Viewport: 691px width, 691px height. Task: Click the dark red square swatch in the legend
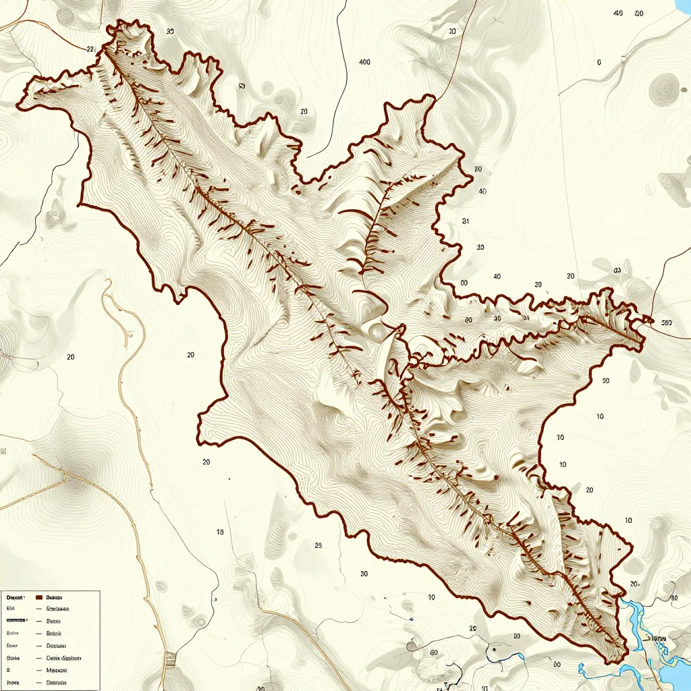click(x=38, y=597)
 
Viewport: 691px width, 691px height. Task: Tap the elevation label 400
click(x=364, y=62)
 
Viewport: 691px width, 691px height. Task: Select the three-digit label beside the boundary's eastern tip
click(x=667, y=323)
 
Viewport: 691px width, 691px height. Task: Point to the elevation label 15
click(x=220, y=532)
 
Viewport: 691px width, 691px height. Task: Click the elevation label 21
click(x=465, y=221)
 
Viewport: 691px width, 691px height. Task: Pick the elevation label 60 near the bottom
click(x=434, y=653)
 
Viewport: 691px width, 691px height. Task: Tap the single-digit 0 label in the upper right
click(x=599, y=62)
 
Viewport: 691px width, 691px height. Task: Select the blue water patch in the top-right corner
click(x=683, y=7)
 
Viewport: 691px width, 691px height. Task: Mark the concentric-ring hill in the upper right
click(x=664, y=88)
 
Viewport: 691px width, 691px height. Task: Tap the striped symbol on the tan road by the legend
click(x=170, y=658)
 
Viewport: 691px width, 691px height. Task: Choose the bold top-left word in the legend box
click(x=15, y=597)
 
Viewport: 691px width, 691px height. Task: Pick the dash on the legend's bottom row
click(x=39, y=683)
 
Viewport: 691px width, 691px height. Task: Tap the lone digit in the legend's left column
click(x=9, y=670)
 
